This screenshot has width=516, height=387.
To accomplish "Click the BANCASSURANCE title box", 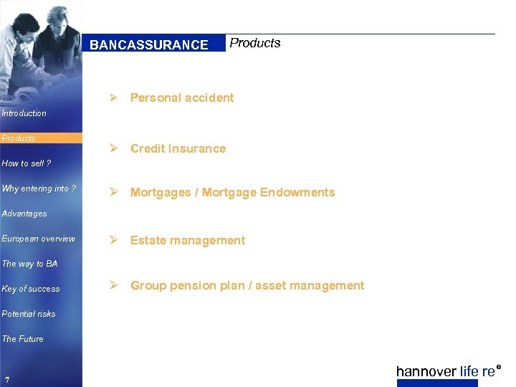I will click(x=149, y=44).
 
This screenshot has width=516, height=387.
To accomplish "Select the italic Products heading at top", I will click(x=254, y=43).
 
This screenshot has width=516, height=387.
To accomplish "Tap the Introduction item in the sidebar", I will click(x=24, y=113).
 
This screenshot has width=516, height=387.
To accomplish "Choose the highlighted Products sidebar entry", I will click(x=19, y=138).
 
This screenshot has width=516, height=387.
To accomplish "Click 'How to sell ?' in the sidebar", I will click(x=27, y=163).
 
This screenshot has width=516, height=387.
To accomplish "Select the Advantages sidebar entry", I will click(x=24, y=214).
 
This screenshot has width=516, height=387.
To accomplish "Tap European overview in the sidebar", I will click(x=38, y=239).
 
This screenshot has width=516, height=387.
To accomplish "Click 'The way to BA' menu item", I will click(x=29, y=264).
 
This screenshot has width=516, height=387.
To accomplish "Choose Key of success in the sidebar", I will click(x=31, y=289).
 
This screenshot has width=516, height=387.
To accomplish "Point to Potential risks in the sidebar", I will click(x=29, y=314).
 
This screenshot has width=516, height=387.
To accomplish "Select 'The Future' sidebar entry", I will click(x=23, y=339).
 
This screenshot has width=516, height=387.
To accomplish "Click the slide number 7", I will click(x=6, y=378).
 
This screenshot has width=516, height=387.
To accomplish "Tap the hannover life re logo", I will click(x=446, y=371).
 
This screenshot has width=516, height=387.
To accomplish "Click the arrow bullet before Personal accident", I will click(x=113, y=97).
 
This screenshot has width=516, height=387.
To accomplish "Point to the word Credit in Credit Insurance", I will click(x=147, y=149).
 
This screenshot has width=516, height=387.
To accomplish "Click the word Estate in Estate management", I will click(x=148, y=241).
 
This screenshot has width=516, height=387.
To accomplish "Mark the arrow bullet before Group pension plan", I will click(x=113, y=285).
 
